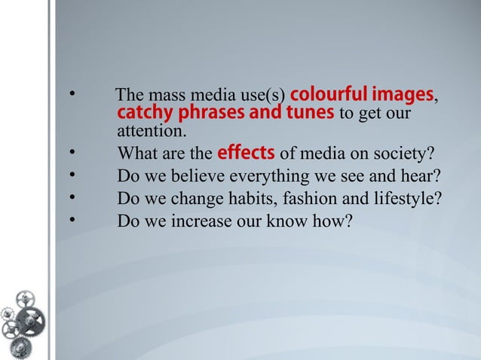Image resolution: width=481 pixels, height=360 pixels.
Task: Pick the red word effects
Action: point(245,154)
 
